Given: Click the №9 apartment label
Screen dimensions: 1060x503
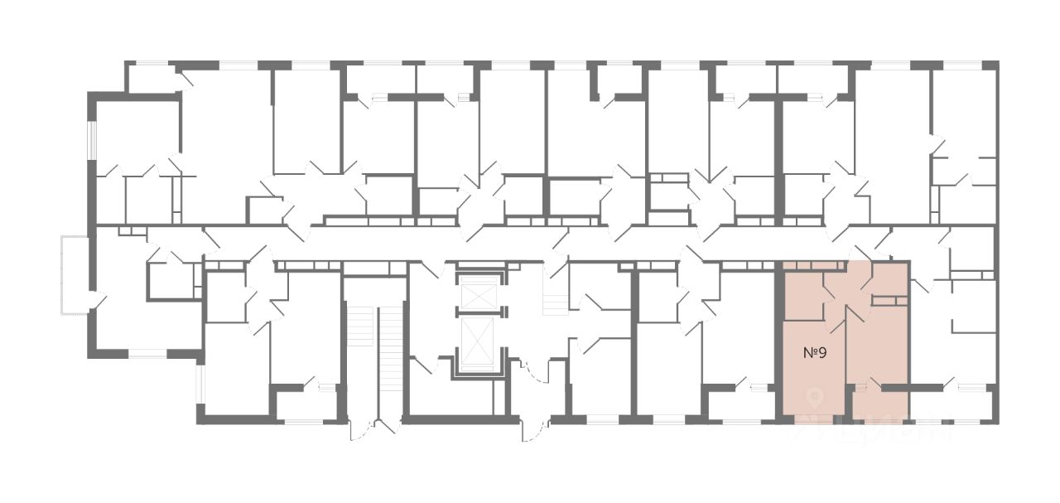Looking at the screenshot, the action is [x=816, y=352].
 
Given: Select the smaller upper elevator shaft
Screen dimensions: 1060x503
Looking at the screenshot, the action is [x=480, y=294].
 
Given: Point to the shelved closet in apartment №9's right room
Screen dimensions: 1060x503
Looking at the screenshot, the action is [x=889, y=301].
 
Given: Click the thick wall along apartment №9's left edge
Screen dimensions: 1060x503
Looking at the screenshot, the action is [x=778, y=340].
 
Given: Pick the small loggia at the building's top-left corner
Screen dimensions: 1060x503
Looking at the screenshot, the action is [x=153, y=78].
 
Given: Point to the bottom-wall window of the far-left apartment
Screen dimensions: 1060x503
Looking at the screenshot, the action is [x=147, y=354].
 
